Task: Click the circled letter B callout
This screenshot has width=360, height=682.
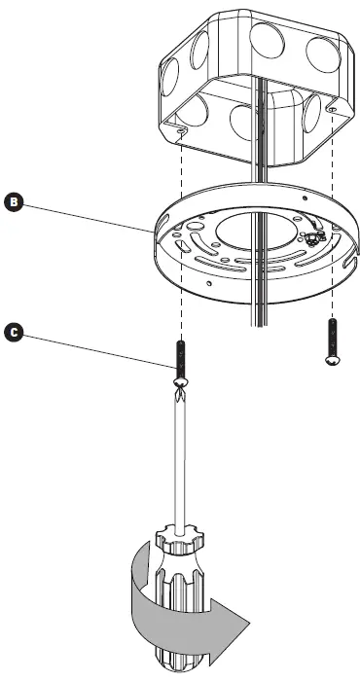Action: coord(14,201)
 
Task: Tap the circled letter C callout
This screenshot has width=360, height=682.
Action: coord(14,332)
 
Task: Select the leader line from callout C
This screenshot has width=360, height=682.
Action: coord(97,348)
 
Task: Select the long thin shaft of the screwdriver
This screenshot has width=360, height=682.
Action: coord(181,457)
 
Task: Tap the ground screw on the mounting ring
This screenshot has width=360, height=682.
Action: coord(313,237)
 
